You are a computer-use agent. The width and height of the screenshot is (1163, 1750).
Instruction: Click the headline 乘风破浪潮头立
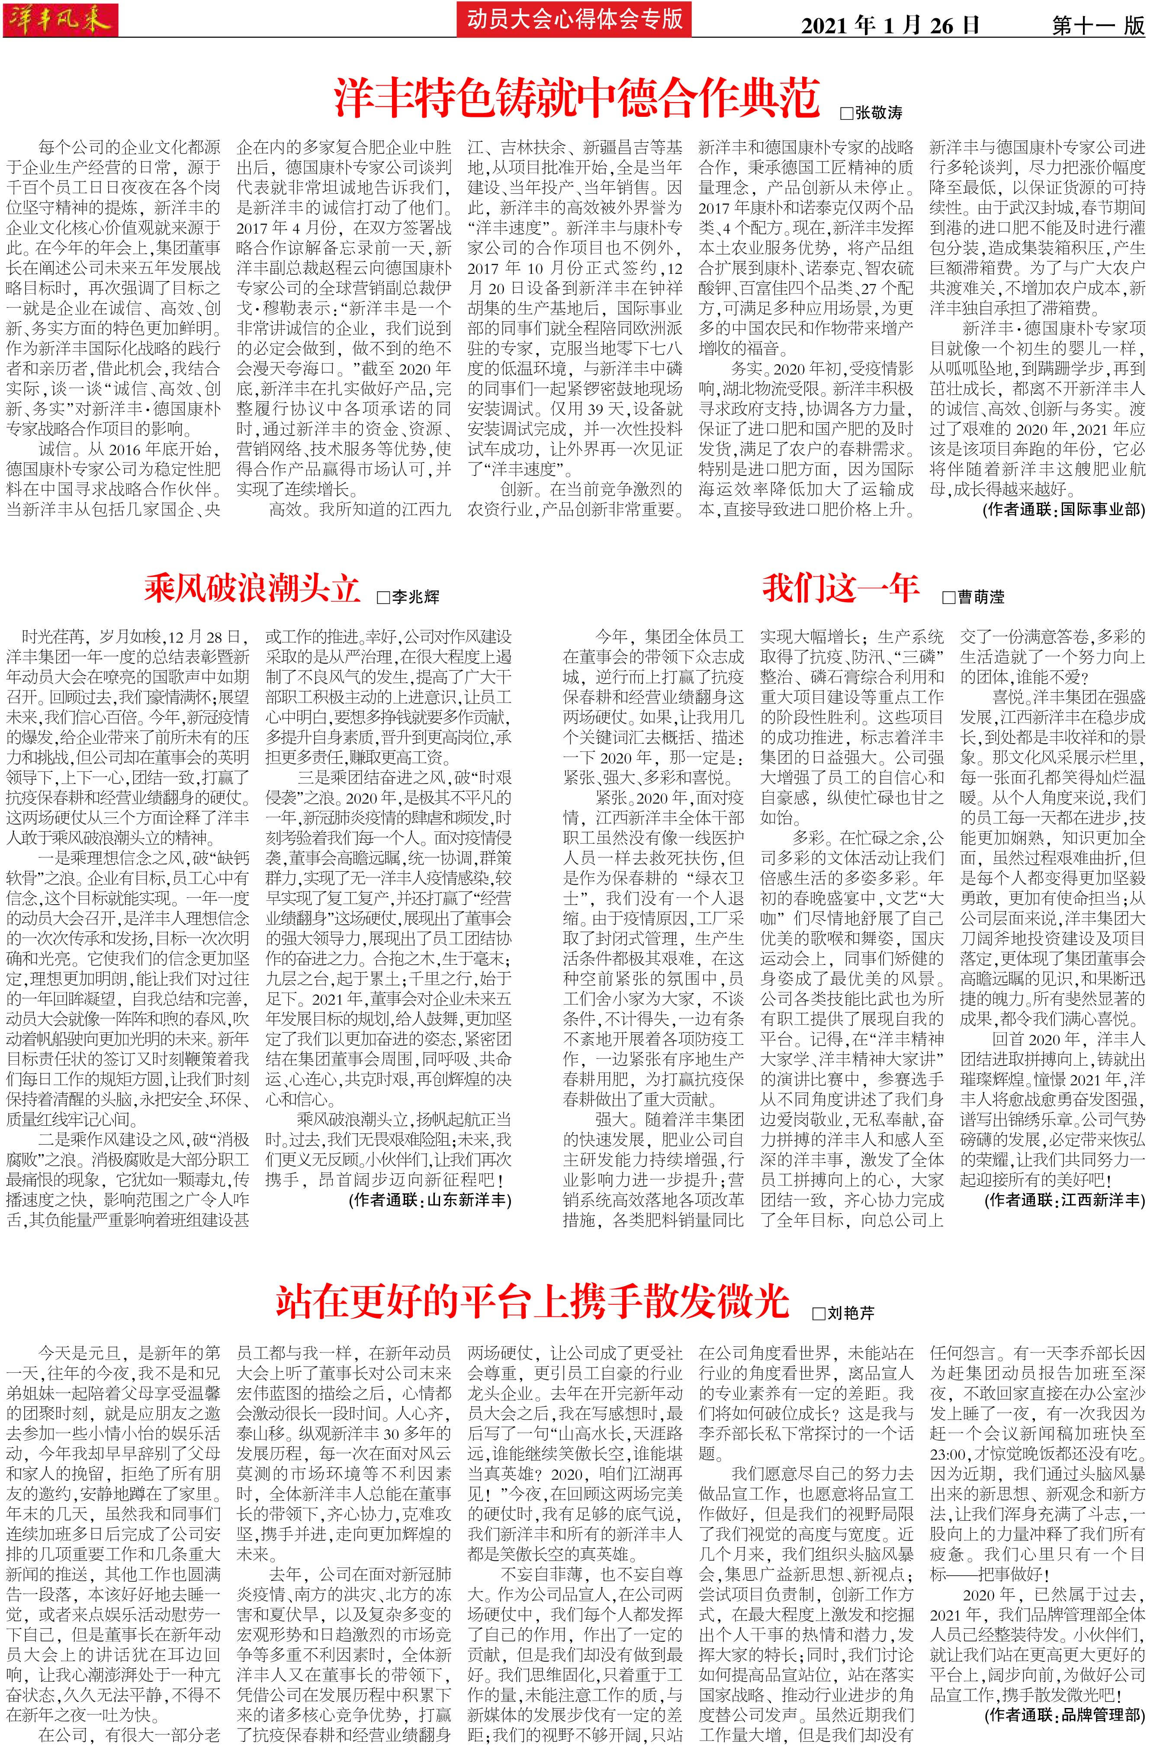252,590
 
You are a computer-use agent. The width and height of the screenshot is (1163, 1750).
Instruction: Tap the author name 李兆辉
415,597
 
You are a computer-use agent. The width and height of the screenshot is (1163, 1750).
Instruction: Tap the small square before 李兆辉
383,597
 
